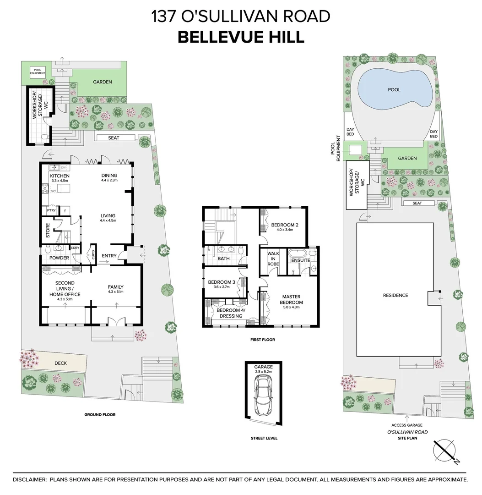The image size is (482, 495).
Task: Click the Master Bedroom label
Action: [x=292, y=300]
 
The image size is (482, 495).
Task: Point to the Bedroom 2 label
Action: [x=284, y=225]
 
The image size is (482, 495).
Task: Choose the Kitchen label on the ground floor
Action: [x=60, y=176]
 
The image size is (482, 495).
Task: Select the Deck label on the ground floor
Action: [x=60, y=363]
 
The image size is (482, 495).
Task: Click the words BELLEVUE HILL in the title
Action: [x=241, y=37]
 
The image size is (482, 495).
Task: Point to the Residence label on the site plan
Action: [x=395, y=296]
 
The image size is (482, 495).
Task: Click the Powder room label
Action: [x=59, y=258]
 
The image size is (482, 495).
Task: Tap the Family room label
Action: [x=115, y=287]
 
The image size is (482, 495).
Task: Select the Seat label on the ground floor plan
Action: [x=114, y=138]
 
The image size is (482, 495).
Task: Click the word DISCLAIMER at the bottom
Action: [x=30, y=479]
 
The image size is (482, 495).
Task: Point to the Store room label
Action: [x=48, y=231]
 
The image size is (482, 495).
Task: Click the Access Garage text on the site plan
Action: [x=407, y=425]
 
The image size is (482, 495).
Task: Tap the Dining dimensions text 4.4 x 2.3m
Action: [x=109, y=181]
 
